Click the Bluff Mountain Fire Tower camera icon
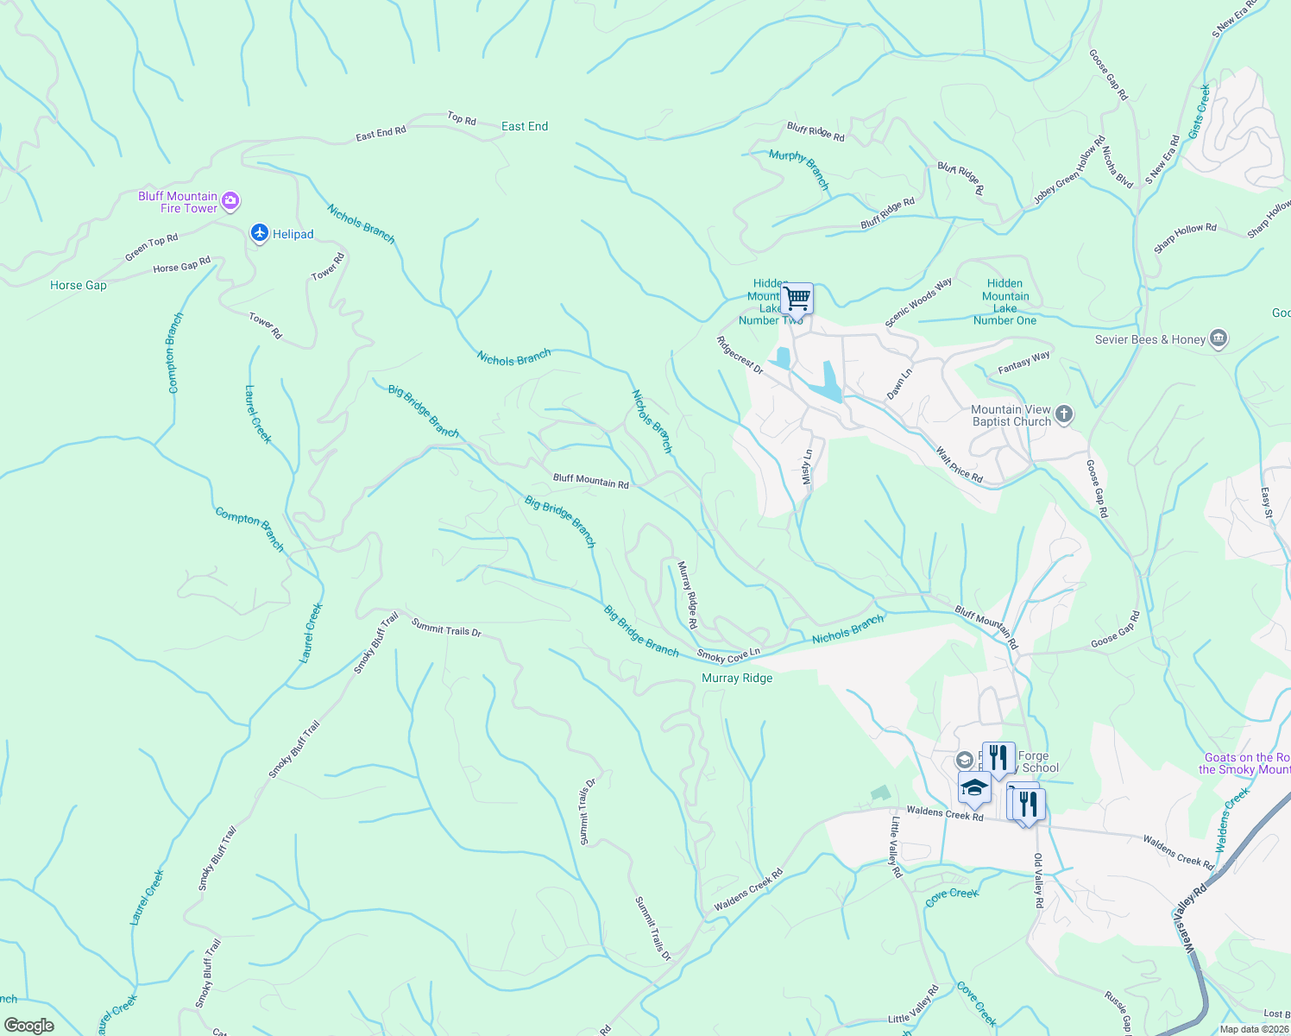coord(230,201)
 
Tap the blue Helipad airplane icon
coord(260,233)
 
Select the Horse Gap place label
coord(79,285)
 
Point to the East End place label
coord(525,126)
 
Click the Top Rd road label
coord(462,118)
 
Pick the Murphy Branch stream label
coord(799,168)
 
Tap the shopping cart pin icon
coord(797,299)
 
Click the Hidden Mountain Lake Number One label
coord(1004,301)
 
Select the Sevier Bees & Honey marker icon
coord(1219,338)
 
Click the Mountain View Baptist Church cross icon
coord(1064,415)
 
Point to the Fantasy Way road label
coord(1023,360)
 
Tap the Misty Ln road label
coord(807,466)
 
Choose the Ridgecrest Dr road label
coord(740,355)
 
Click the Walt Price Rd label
coord(959,464)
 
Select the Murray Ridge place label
coord(737,678)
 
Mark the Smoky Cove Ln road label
coord(728,656)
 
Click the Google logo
coord(28,1025)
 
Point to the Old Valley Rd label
coord(1039,881)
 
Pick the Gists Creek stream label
coord(1200,111)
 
